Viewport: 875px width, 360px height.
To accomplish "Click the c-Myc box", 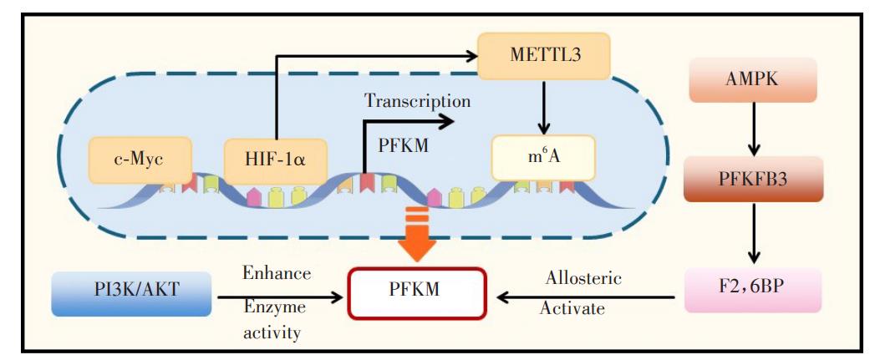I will click(140, 157).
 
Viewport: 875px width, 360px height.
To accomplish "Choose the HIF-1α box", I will click(276, 157).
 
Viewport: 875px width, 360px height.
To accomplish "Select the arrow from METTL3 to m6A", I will click(544, 105).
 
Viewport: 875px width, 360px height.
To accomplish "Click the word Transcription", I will click(417, 101).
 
